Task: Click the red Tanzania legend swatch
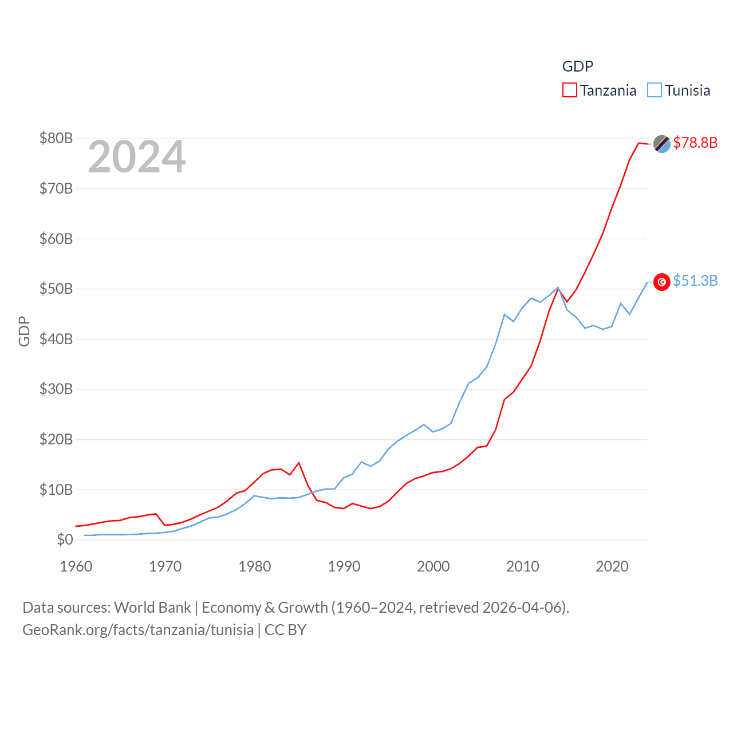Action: (569, 90)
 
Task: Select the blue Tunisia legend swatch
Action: (655, 90)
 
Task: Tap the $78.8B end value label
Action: (695, 143)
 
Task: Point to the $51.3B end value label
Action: (695, 281)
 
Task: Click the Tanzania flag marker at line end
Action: (662, 144)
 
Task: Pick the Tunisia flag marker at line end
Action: (662, 282)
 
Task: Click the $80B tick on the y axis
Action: (56, 138)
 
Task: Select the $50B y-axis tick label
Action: (56, 289)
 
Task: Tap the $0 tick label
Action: (65, 539)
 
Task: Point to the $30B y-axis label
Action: (56, 389)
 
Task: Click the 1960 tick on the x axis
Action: (76, 566)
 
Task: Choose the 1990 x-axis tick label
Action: (344, 566)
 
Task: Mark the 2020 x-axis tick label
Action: (612, 566)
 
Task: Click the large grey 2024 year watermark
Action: (137, 157)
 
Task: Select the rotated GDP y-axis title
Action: (24, 331)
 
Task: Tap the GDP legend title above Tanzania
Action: (577, 66)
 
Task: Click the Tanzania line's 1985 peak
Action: (299, 463)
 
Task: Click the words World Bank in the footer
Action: (152, 607)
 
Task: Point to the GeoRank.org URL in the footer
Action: (138, 630)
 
